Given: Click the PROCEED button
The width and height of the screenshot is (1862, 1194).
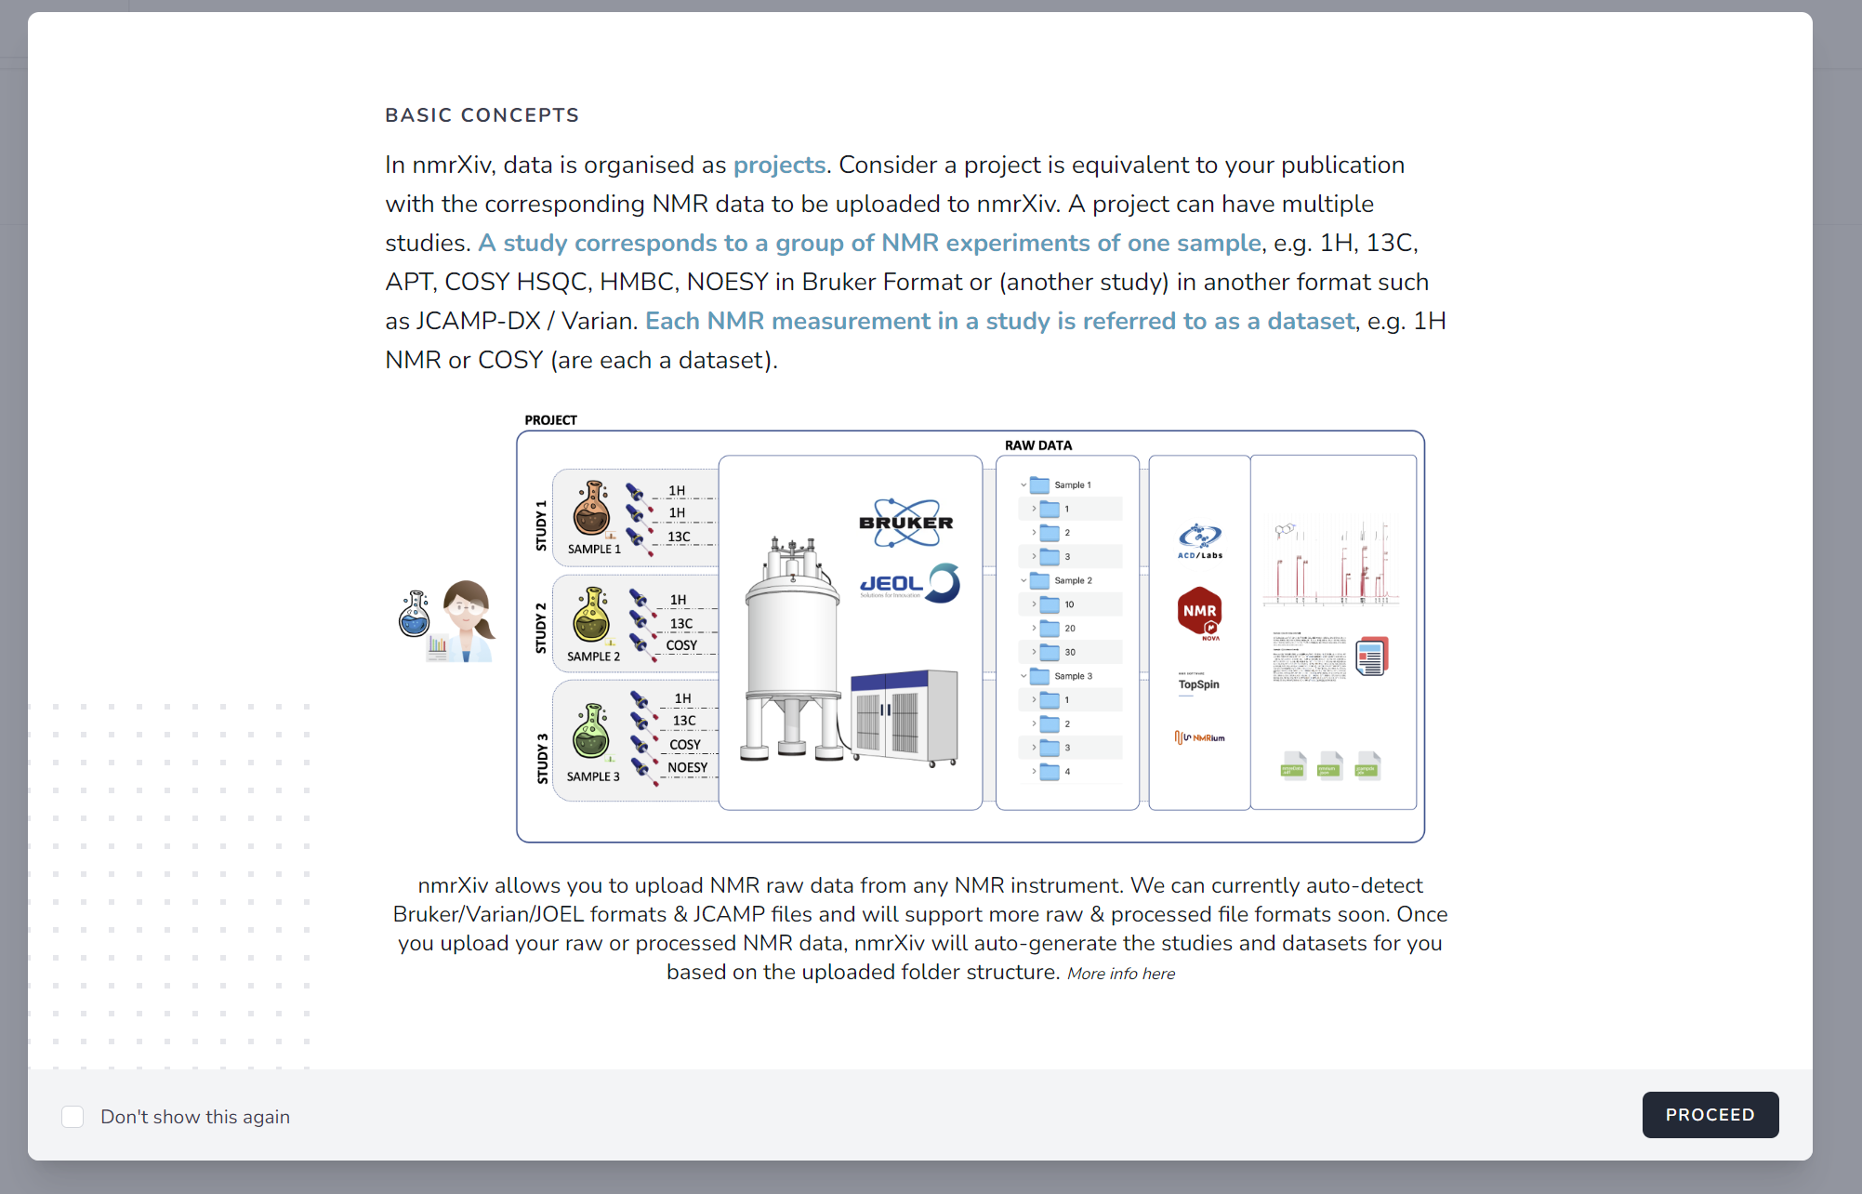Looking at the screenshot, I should (1710, 1114).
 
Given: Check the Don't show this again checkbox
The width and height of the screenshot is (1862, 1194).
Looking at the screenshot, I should (73, 1116).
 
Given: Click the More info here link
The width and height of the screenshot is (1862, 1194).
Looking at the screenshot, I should (1120, 974).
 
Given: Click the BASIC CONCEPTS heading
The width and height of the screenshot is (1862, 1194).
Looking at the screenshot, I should (482, 115).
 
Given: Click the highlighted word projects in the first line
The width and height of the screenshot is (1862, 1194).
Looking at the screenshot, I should (779, 165).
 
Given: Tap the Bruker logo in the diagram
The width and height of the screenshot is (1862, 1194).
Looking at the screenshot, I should (905, 523).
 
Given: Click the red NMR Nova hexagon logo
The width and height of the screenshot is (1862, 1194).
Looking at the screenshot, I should (1199, 612).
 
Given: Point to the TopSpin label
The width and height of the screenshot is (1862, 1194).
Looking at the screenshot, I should (1198, 684).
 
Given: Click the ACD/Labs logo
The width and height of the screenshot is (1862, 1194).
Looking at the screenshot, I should (1199, 540).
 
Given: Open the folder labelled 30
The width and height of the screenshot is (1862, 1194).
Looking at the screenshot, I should (1050, 652).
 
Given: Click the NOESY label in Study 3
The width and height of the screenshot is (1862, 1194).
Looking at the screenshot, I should (687, 767).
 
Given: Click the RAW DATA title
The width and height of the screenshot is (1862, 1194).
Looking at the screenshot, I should (1037, 445).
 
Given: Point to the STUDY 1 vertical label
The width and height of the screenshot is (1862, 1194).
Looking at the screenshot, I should (541, 525).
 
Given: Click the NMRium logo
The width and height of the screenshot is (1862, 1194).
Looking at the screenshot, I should (1199, 737).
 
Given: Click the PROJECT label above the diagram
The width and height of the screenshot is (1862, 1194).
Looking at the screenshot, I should (550, 420).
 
